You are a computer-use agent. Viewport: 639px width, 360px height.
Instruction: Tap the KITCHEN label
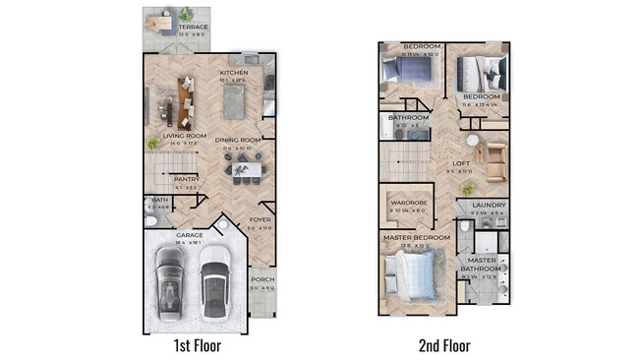(x=233, y=73)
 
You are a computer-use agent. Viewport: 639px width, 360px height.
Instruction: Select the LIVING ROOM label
(x=184, y=137)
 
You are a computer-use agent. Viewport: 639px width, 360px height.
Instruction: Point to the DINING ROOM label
(x=237, y=140)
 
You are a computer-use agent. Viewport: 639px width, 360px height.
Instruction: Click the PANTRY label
(x=186, y=179)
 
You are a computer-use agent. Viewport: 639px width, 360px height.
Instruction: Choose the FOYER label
(x=260, y=219)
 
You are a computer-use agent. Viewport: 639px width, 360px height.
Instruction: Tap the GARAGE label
(x=190, y=235)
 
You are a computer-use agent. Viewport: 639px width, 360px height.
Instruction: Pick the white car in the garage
(x=214, y=278)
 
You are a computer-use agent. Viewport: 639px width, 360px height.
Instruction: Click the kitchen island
(x=234, y=100)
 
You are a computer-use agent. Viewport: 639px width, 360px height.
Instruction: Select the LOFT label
(x=460, y=163)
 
